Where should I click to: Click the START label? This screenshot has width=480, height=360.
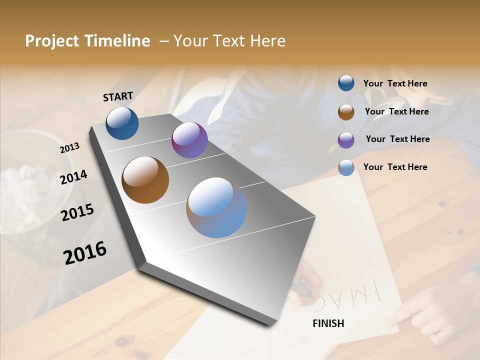pyautogui.click(x=118, y=96)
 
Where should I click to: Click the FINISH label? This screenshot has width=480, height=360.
pyautogui.click(x=328, y=323)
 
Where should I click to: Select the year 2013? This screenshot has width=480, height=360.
pyautogui.click(x=69, y=148)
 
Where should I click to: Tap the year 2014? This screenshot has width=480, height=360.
pyautogui.click(x=73, y=177)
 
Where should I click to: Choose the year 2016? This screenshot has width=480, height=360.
pyautogui.click(x=85, y=253)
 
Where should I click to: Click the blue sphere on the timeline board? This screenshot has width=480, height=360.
pyautogui.click(x=122, y=123)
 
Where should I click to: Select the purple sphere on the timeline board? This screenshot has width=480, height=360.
pyautogui.click(x=189, y=140)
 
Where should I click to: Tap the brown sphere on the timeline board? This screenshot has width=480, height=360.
pyautogui.click(x=145, y=180)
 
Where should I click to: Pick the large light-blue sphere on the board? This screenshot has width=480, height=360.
pyautogui.click(x=216, y=207)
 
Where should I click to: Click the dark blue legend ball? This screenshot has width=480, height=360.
pyautogui.click(x=346, y=83)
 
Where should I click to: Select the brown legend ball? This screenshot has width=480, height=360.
pyautogui.click(x=346, y=112)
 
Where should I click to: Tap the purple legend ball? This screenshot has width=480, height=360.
pyautogui.click(x=346, y=140)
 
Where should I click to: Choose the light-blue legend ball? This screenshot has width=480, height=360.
pyautogui.click(x=346, y=167)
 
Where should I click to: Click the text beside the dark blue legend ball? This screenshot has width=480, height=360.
pyautogui.click(x=395, y=84)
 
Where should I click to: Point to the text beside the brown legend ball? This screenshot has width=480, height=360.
pyautogui.click(x=396, y=111)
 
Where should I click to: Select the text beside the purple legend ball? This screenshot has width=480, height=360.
pyautogui.click(x=397, y=139)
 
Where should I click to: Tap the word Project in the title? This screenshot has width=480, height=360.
pyautogui.click(x=45, y=41)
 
